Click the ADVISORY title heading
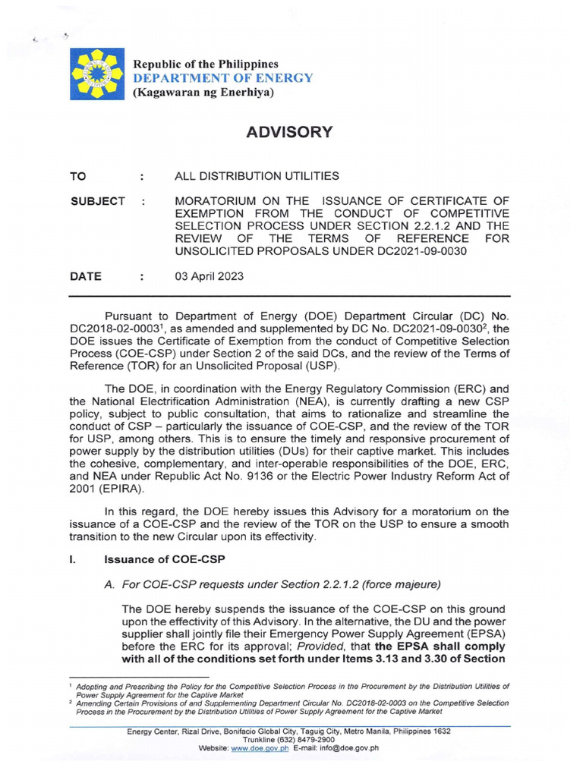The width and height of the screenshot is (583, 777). [291, 132]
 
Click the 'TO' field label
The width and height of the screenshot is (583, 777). [78, 176]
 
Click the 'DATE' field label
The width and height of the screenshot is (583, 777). [85, 277]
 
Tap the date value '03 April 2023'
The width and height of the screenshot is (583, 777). [209, 277]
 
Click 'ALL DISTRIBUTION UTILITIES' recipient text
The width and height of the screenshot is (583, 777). [257, 176]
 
